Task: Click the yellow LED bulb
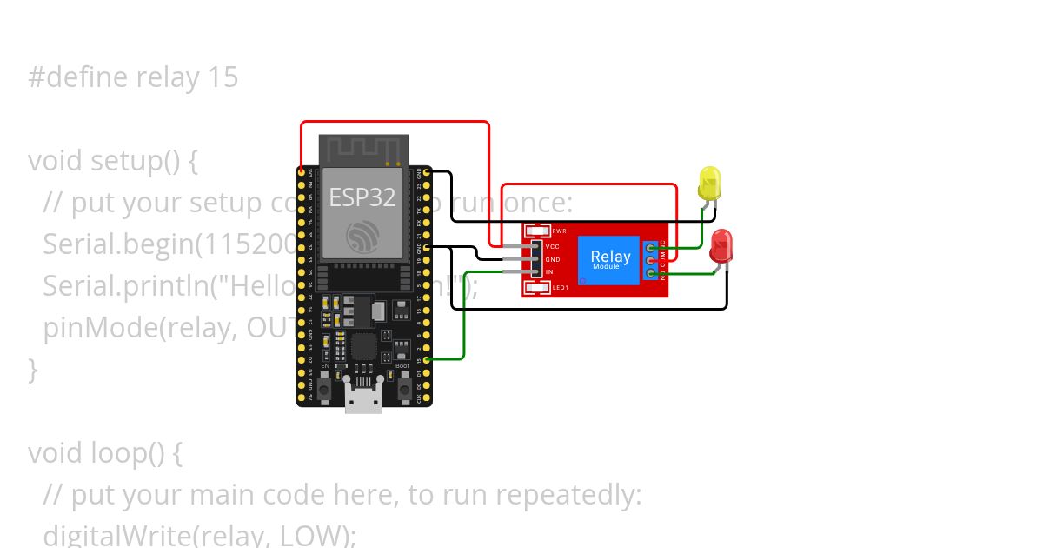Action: [710, 184]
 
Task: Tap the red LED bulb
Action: [721, 246]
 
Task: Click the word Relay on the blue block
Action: [610, 256]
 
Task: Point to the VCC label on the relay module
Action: [552, 246]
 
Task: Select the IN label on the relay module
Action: [548, 272]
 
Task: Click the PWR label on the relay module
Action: [559, 231]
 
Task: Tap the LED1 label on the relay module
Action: [561, 287]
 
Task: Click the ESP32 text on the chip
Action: [362, 197]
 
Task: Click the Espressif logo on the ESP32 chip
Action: [362, 235]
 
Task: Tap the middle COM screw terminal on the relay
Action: [651, 260]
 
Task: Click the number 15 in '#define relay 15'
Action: [223, 77]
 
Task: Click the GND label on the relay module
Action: [553, 259]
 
